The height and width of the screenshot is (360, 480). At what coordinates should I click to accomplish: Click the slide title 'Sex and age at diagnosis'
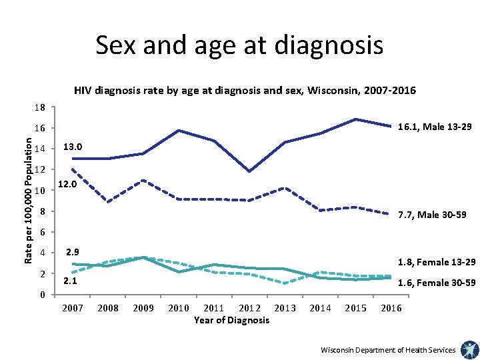[239, 45]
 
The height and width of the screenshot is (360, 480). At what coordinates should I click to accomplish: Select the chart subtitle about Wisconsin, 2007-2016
[245, 90]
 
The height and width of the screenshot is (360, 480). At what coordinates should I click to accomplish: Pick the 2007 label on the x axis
[73, 308]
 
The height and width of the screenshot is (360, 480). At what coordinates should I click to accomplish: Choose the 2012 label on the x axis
[249, 308]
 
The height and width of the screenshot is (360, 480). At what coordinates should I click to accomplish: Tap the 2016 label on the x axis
[391, 308]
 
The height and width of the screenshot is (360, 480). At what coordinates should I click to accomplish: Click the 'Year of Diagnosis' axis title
[231, 320]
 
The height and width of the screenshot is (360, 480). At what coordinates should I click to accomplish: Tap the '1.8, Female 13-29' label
[437, 262]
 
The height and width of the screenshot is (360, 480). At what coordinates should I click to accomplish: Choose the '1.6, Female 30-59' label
[437, 283]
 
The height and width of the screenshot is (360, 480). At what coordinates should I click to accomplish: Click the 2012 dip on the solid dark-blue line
[249, 171]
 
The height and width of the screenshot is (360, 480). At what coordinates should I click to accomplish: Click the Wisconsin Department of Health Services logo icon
[468, 349]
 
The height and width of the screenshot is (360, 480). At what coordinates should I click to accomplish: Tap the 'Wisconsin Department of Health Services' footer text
[388, 350]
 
